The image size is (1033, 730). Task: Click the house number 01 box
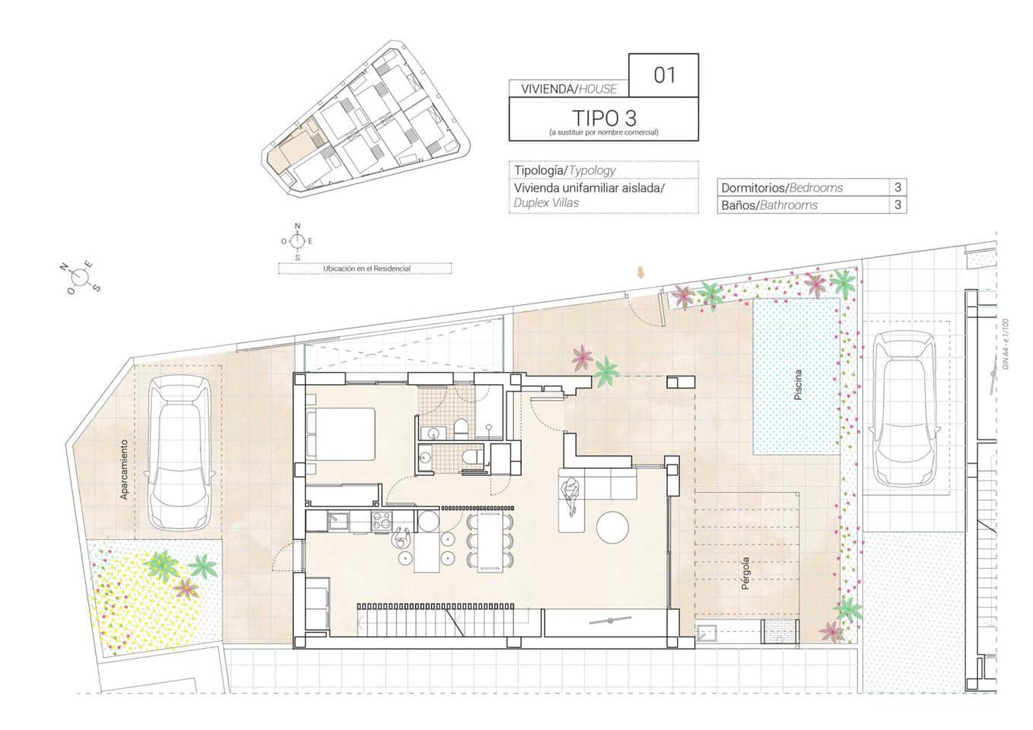click(x=663, y=75)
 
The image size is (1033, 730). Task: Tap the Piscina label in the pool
click(x=797, y=385)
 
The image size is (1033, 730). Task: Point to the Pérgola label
click(x=745, y=575)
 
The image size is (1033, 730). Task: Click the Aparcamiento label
click(x=124, y=469)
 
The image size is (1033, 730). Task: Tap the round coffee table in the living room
click(x=613, y=527)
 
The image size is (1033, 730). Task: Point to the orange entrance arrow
click(x=640, y=273)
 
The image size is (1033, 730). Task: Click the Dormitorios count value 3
click(x=898, y=187)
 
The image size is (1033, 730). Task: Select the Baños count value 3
click(x=898, y=205)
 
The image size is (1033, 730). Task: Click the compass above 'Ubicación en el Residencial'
click(x=297, y=240)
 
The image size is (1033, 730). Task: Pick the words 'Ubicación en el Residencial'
click(x=366, y=268)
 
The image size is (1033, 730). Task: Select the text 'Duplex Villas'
click(x=546, y=203)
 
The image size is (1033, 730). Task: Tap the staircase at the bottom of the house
click(x=411, y=619)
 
